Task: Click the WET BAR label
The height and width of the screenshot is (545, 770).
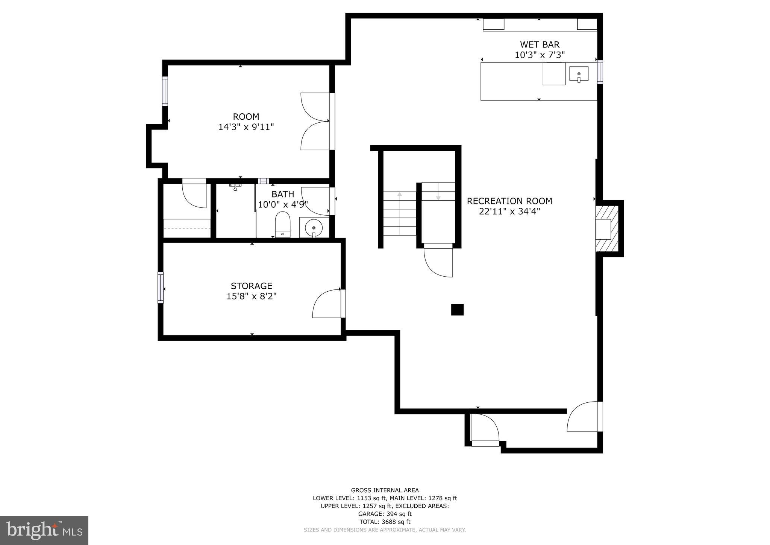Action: pos(540,45)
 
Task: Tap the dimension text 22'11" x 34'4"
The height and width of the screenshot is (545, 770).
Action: pos(509,212)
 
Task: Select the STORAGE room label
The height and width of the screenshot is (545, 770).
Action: pos(251,286)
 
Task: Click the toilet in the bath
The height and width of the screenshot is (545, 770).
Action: pos(283,224)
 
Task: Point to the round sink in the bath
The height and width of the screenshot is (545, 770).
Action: pos(314,227)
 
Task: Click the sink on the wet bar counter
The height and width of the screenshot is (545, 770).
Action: pos(579,74)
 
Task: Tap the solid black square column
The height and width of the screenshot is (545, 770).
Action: pos(457,309)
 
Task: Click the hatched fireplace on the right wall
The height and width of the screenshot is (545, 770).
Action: pos(606,228)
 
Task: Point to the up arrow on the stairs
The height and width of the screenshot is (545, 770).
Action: pos(400,195)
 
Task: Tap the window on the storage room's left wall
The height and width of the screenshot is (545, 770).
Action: pos(161,288)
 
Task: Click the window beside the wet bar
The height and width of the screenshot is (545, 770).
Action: pos(600,72)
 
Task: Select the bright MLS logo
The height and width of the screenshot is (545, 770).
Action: pos(44,530)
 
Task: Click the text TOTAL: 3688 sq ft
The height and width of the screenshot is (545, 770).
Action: pos(385,522)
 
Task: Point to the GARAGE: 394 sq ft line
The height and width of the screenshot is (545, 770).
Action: pos(385,514)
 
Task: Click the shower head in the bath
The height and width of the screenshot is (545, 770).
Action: pos(235,187)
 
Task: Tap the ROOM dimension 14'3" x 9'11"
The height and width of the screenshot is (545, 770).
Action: pos(246,127)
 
